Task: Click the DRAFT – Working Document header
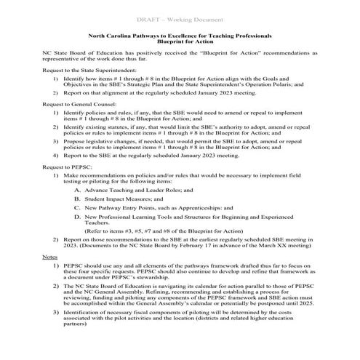(x=180, y=17)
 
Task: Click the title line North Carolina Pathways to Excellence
(x=180, y=36)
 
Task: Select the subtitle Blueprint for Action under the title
(x=180, y=43)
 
